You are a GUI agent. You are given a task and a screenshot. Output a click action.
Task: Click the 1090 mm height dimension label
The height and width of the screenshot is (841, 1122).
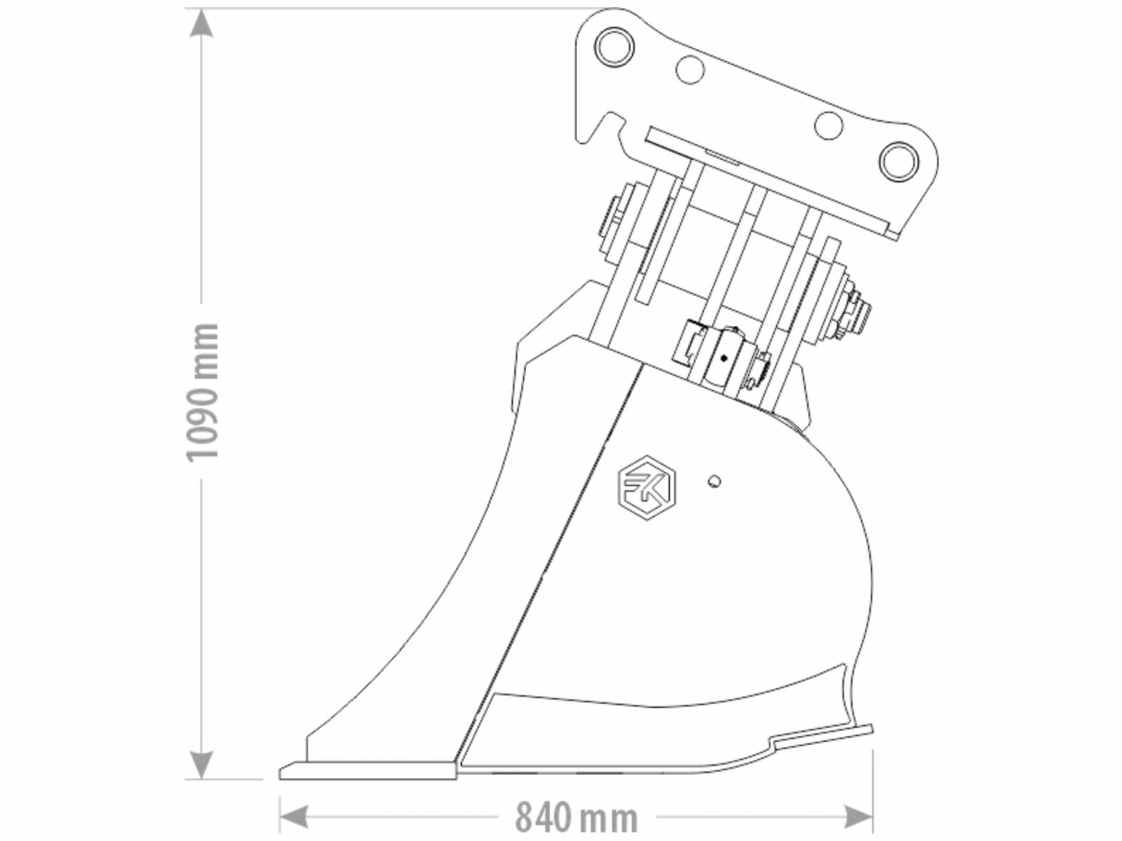click(203, 392)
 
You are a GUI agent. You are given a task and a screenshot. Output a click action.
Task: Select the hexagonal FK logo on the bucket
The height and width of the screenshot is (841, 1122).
click(647, 488)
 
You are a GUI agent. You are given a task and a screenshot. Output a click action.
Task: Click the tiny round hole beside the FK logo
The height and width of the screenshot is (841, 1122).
click(715, 481)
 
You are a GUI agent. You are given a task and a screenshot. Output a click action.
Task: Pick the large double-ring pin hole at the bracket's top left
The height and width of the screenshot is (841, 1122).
click(614, 47)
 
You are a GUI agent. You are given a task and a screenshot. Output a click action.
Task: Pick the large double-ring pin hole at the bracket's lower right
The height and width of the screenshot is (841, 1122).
click(899, 161)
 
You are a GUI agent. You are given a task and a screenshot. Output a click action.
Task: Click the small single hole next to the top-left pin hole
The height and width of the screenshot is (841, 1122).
click(690, 69)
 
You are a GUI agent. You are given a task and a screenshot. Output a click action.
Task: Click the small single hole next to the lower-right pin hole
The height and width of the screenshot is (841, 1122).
click(829, 125)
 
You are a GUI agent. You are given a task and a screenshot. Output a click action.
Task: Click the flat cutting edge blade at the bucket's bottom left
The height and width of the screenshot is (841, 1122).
click(368, 770)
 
